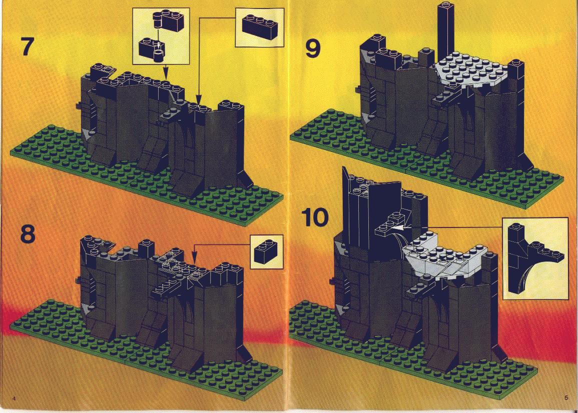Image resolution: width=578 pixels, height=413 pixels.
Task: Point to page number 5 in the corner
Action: (565, 397)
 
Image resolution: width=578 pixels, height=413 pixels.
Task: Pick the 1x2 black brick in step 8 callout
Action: (267, 251)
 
